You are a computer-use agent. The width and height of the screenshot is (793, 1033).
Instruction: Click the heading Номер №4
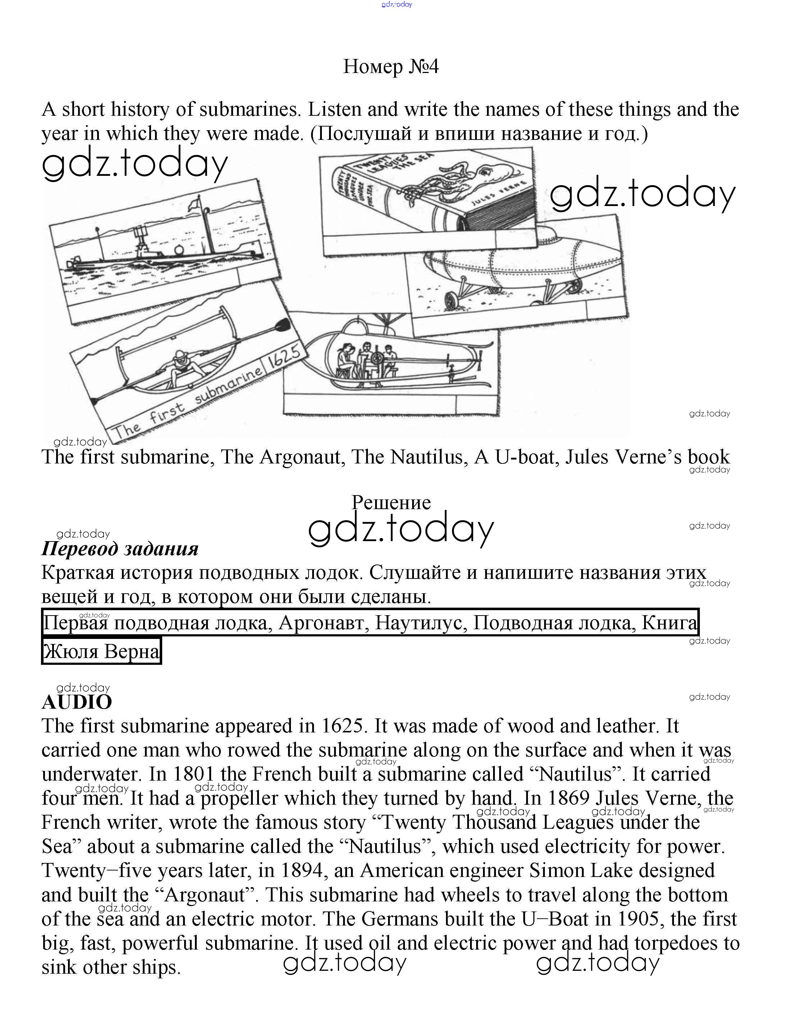(x=391, y=67)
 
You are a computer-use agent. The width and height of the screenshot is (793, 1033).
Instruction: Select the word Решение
(x=391, y=503)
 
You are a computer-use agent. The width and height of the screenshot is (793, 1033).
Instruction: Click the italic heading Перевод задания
(x=120, y=548)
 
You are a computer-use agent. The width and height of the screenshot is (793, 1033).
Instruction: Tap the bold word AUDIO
(x=77, y=702)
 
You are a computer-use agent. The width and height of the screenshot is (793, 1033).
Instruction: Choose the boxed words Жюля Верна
(x=101, y=652)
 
